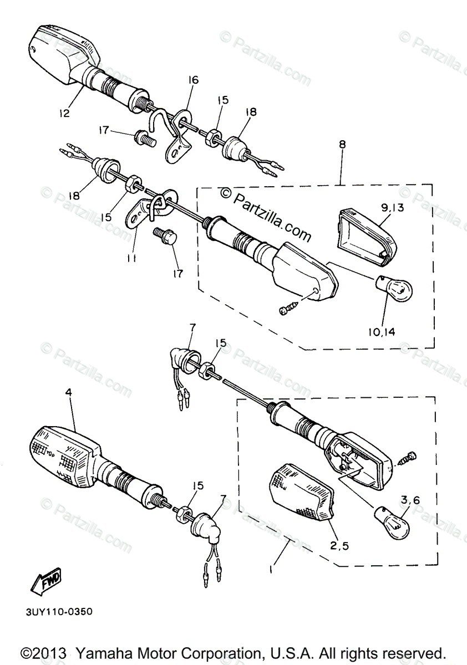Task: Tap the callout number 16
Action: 192,80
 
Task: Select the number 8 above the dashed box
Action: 342,145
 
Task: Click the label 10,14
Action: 381,332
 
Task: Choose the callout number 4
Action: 68,392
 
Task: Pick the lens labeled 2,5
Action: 301,491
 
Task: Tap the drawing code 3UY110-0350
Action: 58,612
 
